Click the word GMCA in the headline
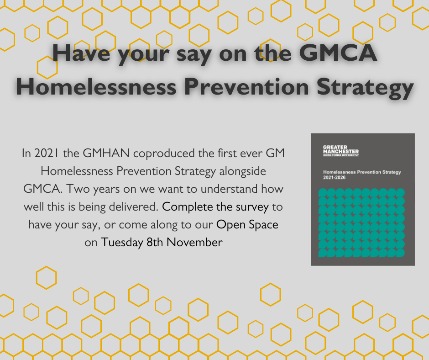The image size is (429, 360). pos(338,53)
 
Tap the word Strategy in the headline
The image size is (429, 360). pos(365,88)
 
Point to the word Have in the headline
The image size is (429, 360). pos(81,53)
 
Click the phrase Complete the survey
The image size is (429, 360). pos(215,207)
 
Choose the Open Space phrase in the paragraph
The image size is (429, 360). pos(247,225)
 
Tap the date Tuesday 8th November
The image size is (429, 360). pos(162,243)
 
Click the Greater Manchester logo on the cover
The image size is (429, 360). pos(341,151)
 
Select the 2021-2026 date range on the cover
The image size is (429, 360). pos(335,178)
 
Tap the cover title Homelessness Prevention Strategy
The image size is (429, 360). pos(362,172)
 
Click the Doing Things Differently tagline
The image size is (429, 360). pos(341,155)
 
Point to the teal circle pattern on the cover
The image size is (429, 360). pos(361,223)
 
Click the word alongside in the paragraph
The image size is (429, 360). pos(243,171)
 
